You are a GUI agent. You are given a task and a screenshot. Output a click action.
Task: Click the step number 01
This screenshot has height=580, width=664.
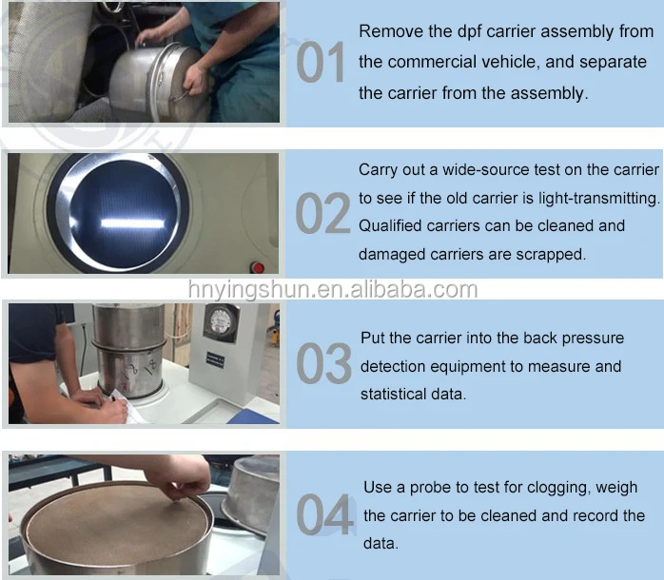coord(322,64)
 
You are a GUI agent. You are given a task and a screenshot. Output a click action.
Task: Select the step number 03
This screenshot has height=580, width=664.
coord(323,364)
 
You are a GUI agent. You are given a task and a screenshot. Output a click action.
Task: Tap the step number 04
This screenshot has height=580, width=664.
coord(324,514)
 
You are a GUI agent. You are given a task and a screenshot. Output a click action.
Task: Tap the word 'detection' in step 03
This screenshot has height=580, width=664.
coord(395,366)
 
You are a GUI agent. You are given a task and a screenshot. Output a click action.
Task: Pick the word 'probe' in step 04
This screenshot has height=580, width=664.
coord(430,488)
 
